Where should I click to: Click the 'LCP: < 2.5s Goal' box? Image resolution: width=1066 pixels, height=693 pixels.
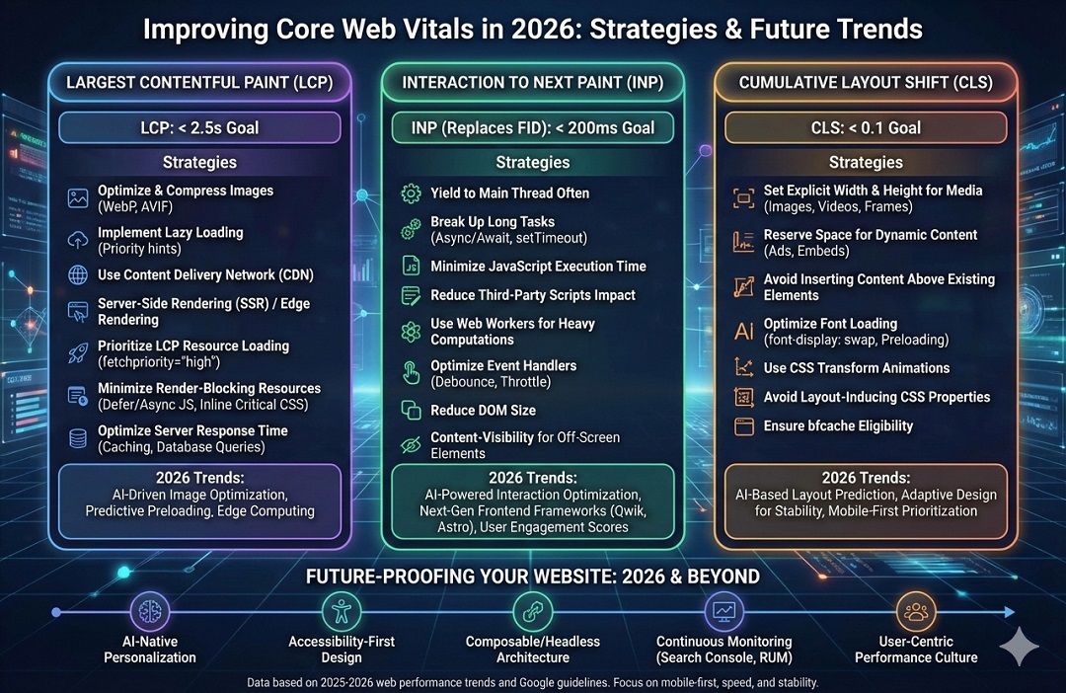[200, 128]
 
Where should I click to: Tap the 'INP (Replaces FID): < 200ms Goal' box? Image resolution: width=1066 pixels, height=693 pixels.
[533, 128]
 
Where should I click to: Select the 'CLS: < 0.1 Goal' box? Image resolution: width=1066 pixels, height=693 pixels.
[866, 128]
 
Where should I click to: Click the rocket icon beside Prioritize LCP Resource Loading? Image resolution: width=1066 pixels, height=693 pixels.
[78, 353]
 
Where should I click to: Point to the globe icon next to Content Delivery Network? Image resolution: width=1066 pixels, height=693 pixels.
[78, 275]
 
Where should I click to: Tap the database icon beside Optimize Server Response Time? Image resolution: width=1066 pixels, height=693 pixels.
[78, 438]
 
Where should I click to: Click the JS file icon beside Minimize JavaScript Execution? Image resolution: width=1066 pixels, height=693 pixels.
[411, 267]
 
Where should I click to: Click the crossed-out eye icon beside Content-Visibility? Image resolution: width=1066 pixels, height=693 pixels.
[411, 445]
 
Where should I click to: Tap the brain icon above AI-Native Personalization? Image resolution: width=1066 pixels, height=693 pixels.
[150, 612]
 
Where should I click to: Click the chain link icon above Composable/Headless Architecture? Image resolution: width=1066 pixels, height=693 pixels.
[532, 612]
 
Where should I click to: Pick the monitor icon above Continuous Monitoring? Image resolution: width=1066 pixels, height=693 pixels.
[725, 612]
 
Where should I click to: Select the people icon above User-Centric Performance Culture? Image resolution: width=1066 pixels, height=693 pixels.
[916, 612]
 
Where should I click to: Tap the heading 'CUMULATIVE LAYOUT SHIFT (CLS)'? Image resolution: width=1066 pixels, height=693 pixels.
[866, 83]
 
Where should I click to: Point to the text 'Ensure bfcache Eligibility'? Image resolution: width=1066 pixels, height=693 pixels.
[838, 426]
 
